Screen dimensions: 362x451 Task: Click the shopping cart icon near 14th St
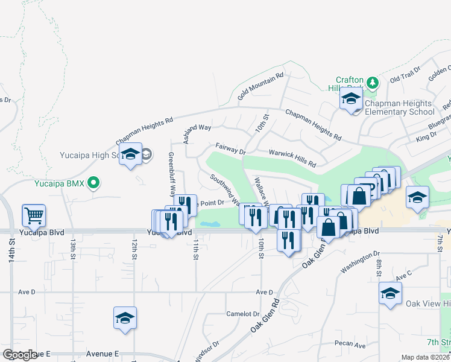click(x=34, y=215)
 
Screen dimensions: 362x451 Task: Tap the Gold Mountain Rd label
click(x=260, y=86)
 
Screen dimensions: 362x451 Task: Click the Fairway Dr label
click(x=230, y=148)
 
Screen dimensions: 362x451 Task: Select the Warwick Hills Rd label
click(x=292, y=159)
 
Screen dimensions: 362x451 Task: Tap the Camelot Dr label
click(x=242, y=314)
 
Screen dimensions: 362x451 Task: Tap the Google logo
click(x=20, y=355)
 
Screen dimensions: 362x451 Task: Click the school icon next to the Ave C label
click(x=390, y=294)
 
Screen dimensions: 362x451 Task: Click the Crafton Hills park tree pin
click(x=373, y=81)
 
